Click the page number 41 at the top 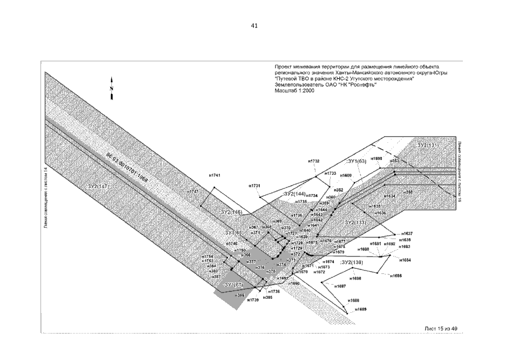point(254,26)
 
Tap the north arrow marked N point(112,88)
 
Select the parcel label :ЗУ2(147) point(99,184)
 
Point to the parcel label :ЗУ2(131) point(428,145)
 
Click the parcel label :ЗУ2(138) point(352,262)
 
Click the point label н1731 point(255,186)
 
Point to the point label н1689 point(361,309)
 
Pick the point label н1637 point(407,233)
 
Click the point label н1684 point(405,260)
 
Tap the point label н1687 point(340,286)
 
